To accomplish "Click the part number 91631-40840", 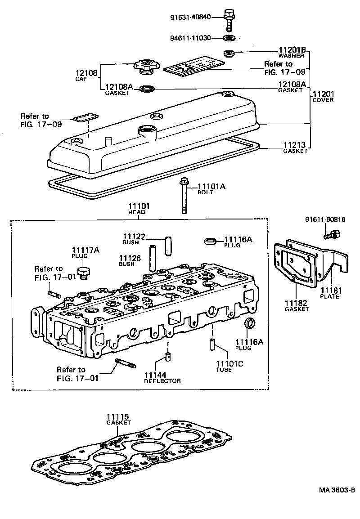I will point(196,18).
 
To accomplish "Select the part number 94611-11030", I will point(196,38).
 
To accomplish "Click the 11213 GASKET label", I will point(295,148).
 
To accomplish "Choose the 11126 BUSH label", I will point(130,260).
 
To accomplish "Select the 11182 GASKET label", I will point(297,306).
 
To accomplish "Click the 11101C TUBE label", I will point(229,366).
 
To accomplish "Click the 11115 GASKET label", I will point(118,419).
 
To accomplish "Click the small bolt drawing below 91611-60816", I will point(332,234).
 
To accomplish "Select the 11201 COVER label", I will point(323,96).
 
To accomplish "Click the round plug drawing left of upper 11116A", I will point(210,242).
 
